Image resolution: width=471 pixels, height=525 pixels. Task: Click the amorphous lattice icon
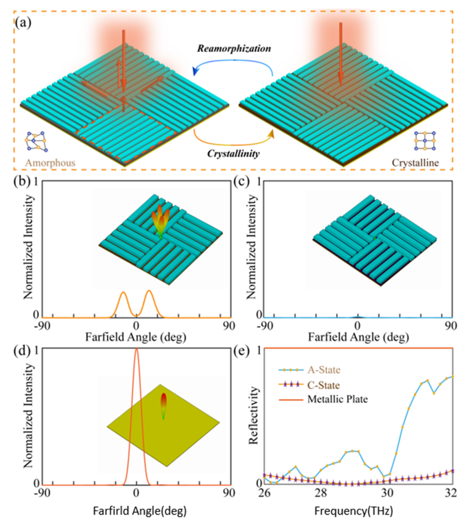coord(37,141)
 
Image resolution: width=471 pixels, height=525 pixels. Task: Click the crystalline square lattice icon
coord(425,141)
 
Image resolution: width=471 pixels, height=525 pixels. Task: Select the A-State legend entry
coord(323,370)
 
